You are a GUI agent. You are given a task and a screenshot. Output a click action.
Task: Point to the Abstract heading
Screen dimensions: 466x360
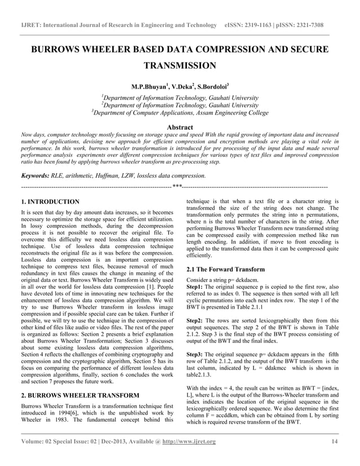(x=180, y=128)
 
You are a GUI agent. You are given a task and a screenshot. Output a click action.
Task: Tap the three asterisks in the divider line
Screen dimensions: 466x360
(x=177, y=186)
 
